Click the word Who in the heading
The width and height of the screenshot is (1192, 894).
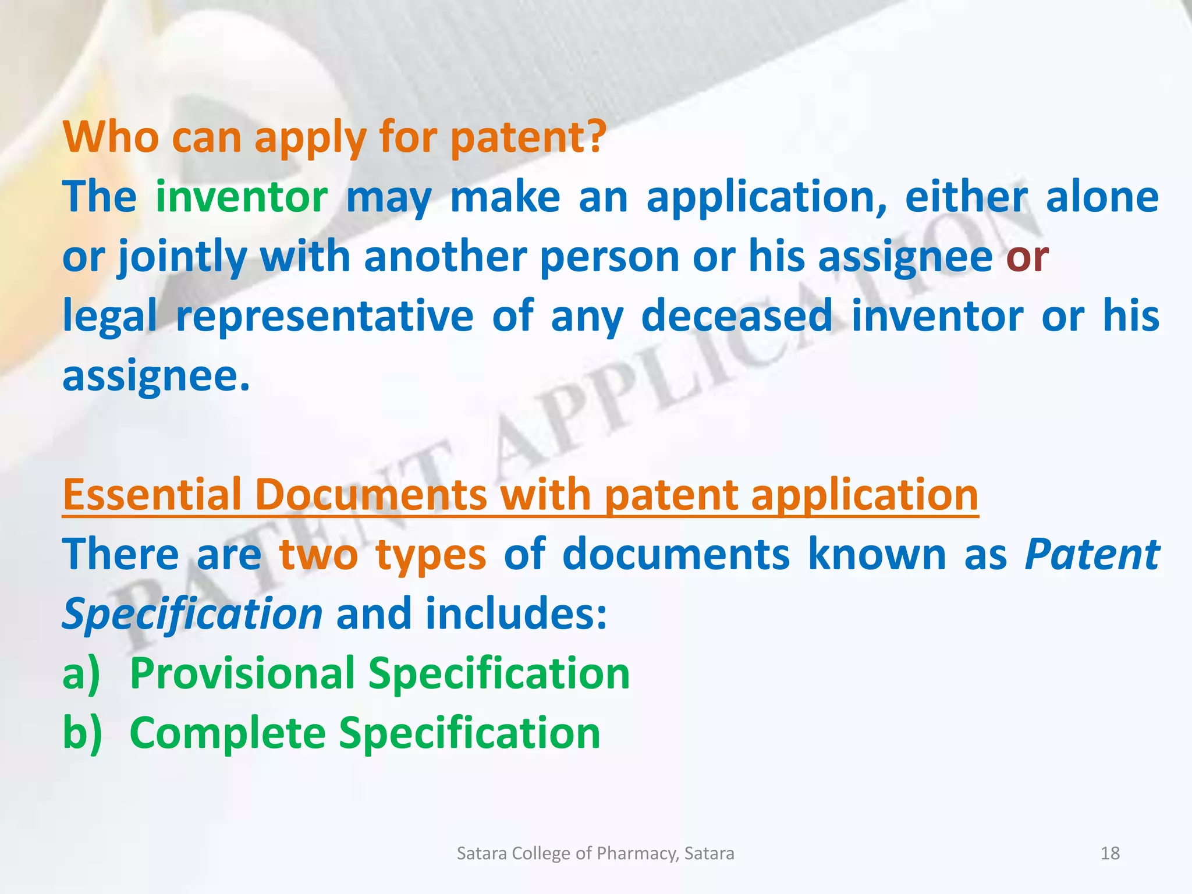(111, 137)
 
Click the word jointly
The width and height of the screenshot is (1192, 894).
(183, 257)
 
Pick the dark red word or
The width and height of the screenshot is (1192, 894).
(1027, 257)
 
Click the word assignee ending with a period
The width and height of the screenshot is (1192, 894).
(156, 377)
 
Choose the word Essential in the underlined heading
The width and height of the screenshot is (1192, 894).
(151, 495)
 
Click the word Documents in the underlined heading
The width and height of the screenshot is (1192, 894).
(371, 495)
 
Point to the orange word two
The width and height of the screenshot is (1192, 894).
(318, 554)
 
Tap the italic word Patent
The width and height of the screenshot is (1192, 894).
(1092, 554)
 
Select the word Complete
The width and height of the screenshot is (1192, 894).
(227, 733)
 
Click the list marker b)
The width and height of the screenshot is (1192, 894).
(82, 733)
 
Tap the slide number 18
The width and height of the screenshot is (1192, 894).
(1110, 853)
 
